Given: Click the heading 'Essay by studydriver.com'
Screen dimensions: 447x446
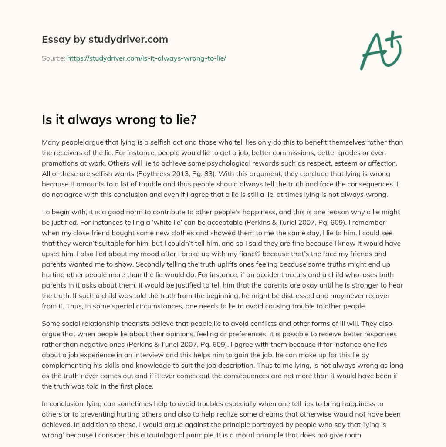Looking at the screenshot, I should tap(105, 39).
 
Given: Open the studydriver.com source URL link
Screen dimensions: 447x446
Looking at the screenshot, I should tap(146, 58).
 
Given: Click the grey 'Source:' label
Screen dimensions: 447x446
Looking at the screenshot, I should tap(53, 58).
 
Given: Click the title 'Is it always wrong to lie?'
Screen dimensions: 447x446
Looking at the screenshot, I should tap(119, 119).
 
